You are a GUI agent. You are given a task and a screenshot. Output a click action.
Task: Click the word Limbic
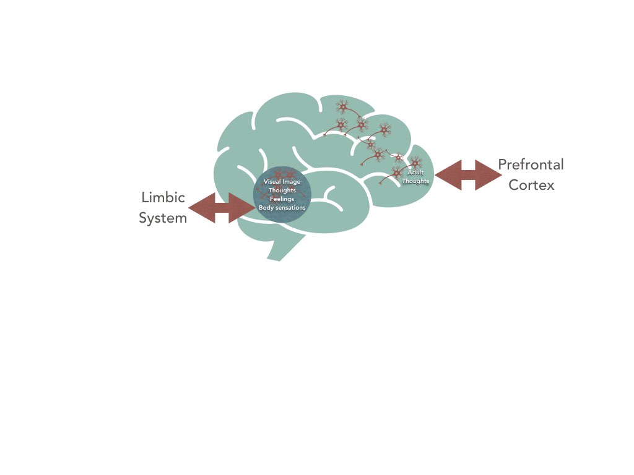pos(163,197)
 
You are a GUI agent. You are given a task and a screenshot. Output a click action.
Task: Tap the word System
pos(163,218)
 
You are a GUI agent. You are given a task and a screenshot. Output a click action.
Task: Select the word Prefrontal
pos(531,165)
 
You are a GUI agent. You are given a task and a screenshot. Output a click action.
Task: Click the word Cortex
pos(531,185)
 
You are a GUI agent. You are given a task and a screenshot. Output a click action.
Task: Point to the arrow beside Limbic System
pos(222,208)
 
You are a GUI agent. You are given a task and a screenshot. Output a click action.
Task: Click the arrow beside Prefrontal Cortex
pos(468,175)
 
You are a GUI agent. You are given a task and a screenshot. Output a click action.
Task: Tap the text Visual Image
pos(282,182)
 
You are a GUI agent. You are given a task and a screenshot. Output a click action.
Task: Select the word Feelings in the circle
pos(282,199)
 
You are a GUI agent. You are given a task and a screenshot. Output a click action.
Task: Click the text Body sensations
pos(282,208)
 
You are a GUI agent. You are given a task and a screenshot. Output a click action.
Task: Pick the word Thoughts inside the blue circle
pos(282,190)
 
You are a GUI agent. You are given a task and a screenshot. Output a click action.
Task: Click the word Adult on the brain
pos(415,173)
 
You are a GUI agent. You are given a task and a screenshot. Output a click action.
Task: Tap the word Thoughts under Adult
pos(415,181)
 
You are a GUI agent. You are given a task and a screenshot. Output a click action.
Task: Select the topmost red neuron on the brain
pos(343,107)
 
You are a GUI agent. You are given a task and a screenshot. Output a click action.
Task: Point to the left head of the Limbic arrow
pos(188,208)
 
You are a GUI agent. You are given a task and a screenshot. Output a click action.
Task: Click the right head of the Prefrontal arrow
pos(502,175)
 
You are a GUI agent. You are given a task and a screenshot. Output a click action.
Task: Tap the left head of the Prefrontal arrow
pos(435,175)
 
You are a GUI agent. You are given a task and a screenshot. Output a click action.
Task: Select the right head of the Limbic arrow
pos(256,208)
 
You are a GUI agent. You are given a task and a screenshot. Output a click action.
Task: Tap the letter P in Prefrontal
pos(503,165)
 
